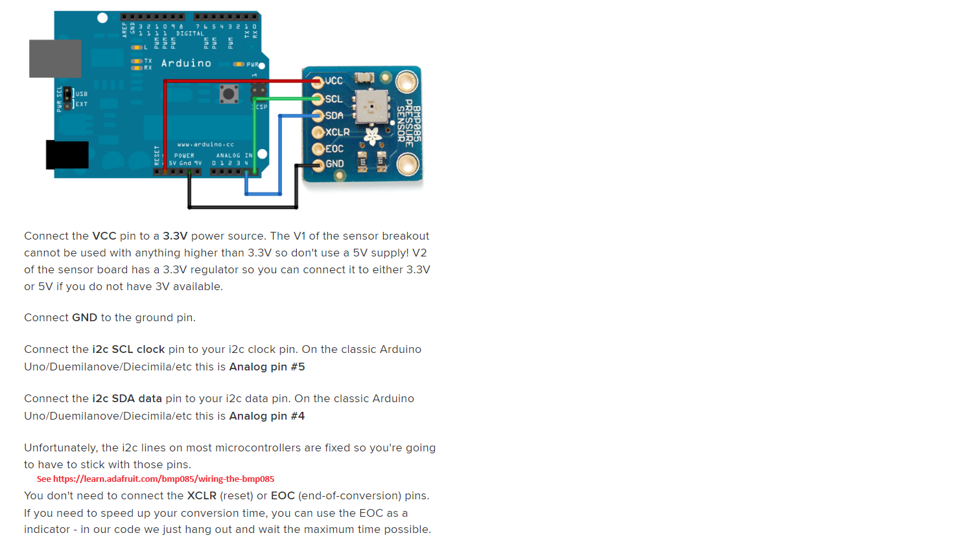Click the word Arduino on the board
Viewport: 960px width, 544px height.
186,63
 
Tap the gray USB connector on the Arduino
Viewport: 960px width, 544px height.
55,58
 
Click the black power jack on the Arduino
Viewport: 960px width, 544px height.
67,155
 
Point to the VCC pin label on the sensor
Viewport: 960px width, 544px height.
334,81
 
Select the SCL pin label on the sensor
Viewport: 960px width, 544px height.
334,99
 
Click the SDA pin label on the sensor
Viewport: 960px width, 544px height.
334,116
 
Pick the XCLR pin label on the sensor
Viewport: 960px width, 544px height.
337,132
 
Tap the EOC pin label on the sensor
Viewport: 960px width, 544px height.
334,149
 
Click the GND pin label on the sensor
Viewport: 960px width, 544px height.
334,164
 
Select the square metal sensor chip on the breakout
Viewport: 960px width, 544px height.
372,106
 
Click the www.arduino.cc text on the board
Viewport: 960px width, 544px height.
205,144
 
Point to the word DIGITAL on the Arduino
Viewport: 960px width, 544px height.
190,34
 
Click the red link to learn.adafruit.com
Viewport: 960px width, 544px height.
156,479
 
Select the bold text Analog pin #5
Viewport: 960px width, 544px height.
267,367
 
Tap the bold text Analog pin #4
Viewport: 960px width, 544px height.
267,416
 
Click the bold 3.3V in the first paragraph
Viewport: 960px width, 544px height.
175,236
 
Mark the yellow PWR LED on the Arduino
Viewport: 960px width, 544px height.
239,64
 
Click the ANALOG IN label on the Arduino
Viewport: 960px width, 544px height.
234,155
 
